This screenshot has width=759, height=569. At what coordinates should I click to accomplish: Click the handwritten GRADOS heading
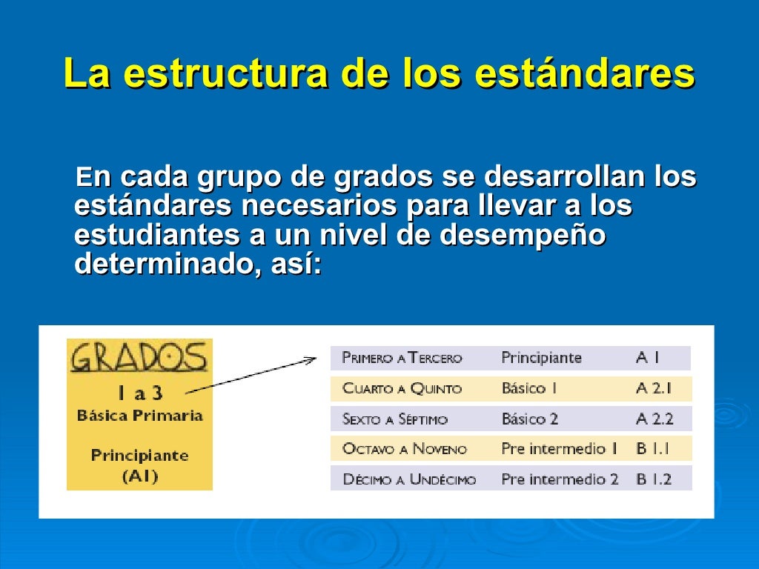pos(139,358)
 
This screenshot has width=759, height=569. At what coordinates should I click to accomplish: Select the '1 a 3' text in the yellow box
pos(140,392)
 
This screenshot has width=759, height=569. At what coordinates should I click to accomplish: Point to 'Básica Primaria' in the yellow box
pos(140,415)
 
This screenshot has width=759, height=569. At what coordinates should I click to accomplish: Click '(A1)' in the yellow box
pos(140,476)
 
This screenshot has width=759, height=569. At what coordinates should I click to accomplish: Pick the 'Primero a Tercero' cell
pos(402,359)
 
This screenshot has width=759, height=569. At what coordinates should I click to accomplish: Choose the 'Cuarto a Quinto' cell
pos(402,389)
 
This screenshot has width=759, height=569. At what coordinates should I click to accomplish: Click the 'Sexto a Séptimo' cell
pos(395,419)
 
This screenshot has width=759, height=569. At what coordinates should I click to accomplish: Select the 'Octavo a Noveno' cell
pos(405,449)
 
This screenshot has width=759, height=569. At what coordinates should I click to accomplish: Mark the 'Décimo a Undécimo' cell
pos(409,479)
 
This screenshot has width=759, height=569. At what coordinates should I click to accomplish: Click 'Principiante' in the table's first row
pos(541,358)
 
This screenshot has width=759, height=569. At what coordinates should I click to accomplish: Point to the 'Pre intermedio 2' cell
pos(559,479)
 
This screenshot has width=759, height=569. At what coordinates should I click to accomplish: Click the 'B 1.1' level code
pos(653,449)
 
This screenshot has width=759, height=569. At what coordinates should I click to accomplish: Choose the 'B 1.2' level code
pos(653,479)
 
